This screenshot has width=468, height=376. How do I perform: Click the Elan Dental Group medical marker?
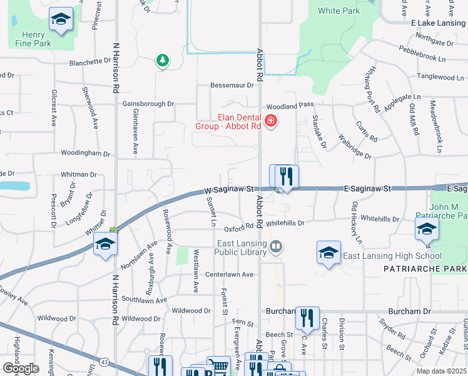[x=271, y=121]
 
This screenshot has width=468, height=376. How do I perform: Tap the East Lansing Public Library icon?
[x=275, y=248]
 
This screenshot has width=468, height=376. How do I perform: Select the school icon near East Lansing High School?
[x=328, y=253]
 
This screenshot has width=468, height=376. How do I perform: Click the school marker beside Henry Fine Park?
[x=61, y=21]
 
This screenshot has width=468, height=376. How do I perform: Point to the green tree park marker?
[x=163, y=60]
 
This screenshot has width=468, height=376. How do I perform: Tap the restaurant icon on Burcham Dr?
[x=307, y=318]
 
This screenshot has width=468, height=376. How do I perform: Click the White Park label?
[x=338, y=11]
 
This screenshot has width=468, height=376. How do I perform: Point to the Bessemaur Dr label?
[x=231, y=85]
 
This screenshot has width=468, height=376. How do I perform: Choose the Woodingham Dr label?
[x=85, y=153]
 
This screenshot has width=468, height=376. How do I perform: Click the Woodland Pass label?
[x=288, y=107]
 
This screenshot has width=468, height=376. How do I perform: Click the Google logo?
[x=21, y=368]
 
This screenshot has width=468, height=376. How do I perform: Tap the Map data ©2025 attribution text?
[x=440, y=371]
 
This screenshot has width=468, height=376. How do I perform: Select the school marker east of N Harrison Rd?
[x=105, y=244]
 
